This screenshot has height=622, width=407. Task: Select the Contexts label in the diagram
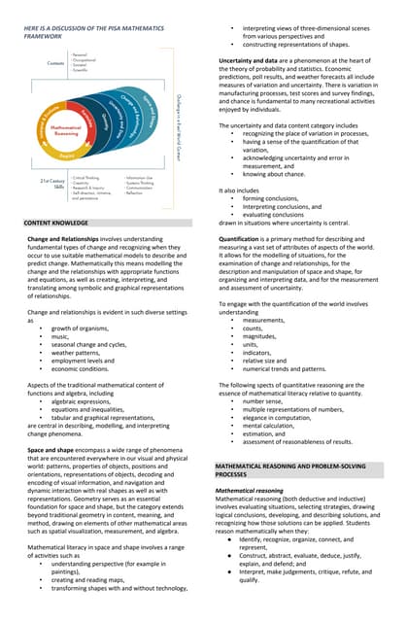pos(56,63)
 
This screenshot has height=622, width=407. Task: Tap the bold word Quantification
pos(246,238)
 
